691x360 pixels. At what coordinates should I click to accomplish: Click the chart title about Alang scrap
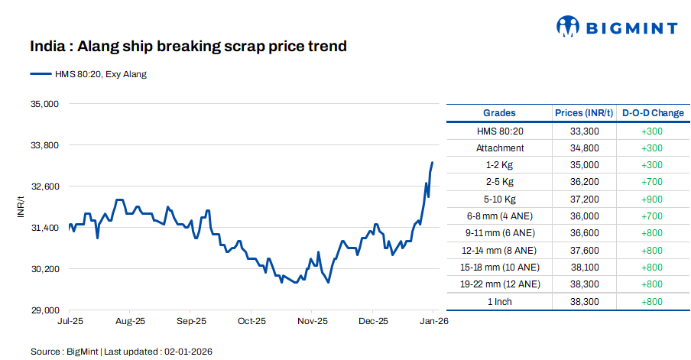point(188,47)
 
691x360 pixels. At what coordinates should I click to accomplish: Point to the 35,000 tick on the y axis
point(43,103)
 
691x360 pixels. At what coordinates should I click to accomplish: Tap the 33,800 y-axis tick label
point(43,144)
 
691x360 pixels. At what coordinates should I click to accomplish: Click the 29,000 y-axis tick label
point(43,310)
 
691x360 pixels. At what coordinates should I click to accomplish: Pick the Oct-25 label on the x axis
point(251,322)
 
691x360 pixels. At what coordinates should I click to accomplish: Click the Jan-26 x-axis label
point(433,322)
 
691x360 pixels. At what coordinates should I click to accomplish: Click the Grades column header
point(499,113)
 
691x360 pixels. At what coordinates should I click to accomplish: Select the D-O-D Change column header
point(653,113)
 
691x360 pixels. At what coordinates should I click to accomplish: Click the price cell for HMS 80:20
point(584,131)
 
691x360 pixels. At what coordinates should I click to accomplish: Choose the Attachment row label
point(500,148)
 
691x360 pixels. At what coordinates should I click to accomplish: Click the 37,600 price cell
point(584,250)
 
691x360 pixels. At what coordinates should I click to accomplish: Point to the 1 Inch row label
point(500,301)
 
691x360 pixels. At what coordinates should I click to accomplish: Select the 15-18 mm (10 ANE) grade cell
point(500,267)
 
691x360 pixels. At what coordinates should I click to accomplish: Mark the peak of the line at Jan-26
point(433,162)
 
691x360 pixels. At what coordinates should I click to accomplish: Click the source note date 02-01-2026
point(187,352)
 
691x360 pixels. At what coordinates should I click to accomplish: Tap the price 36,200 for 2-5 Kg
point(584,182)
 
